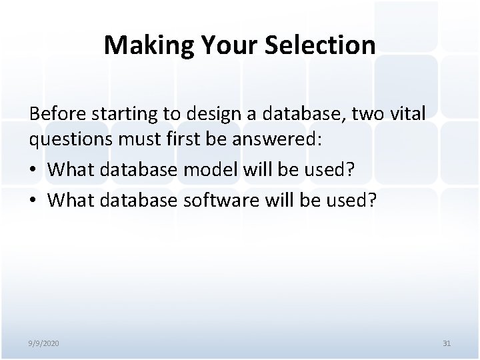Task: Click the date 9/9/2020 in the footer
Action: (43, 343)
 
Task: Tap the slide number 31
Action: (447, 343)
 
